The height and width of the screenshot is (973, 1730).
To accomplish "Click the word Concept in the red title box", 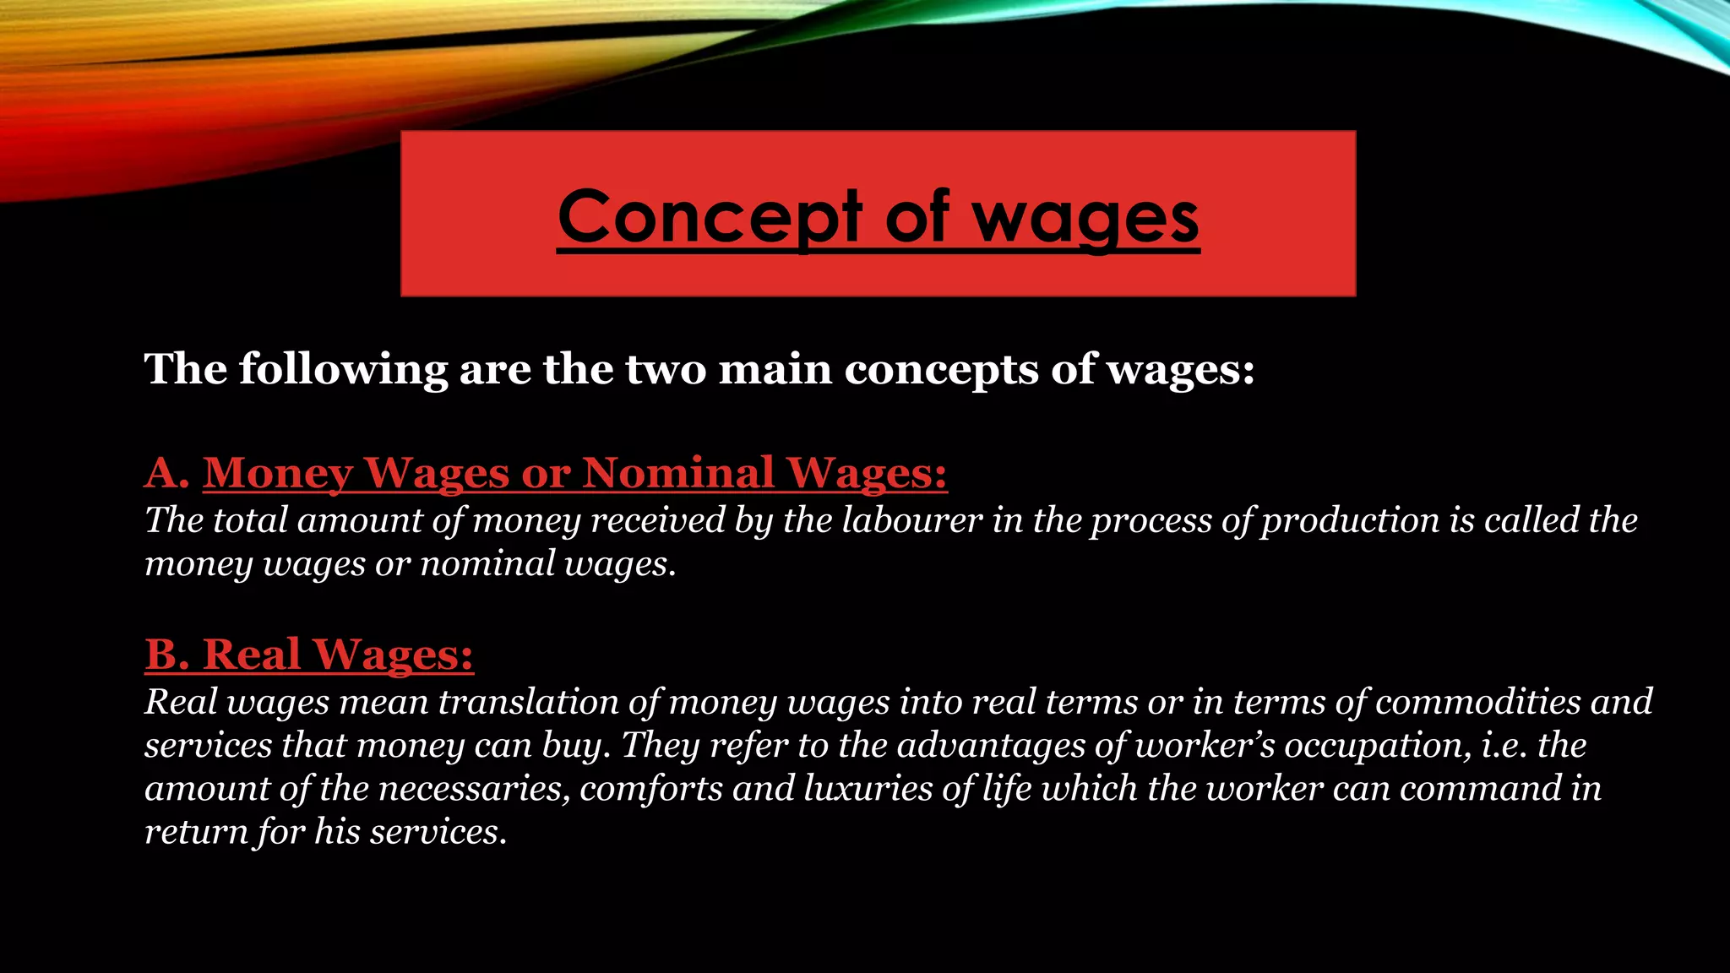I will click(x=710, y=217).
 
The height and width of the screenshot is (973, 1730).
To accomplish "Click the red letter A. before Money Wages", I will click(x=166, y=472).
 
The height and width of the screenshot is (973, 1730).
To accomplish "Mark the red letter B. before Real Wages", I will click(x=166, y=654).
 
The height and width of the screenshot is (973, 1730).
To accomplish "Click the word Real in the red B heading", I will click(x=252, y=654).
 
